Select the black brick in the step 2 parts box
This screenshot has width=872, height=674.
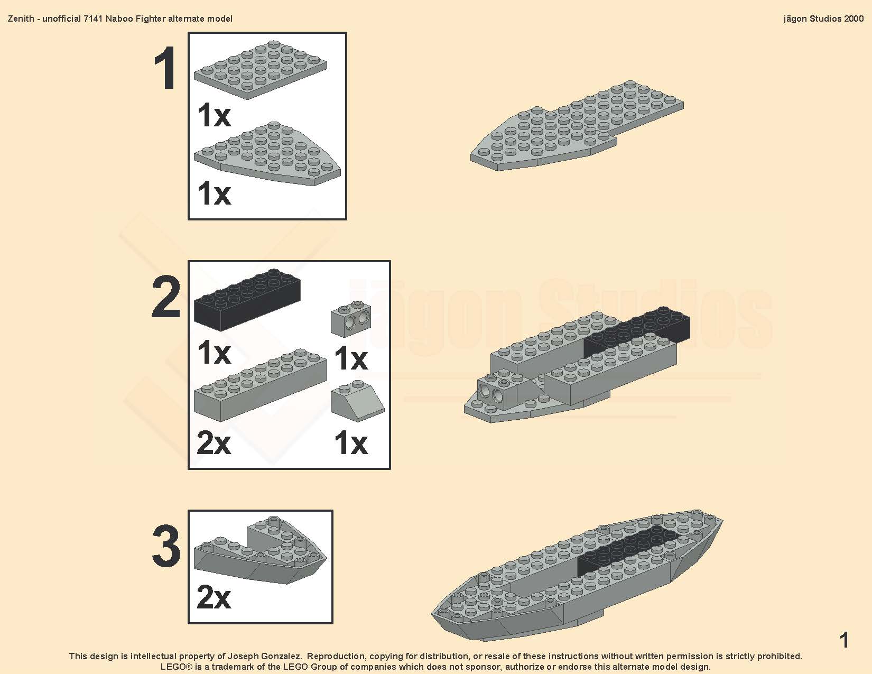tap(247, 299)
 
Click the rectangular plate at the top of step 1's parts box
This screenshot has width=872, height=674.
tap(260, 69)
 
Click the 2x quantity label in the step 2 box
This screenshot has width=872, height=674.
tap(214, 443)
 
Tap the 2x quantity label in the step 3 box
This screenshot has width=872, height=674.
tap(214, 597)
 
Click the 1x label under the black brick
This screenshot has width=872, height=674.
tap(214, 352)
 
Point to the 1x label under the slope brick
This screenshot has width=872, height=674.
tap(351, 443)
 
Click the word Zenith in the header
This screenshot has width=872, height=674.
tap(21, 19)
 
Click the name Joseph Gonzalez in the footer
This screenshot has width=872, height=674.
tap(264, 656)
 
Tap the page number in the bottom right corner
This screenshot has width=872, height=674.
tap(845, 640)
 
